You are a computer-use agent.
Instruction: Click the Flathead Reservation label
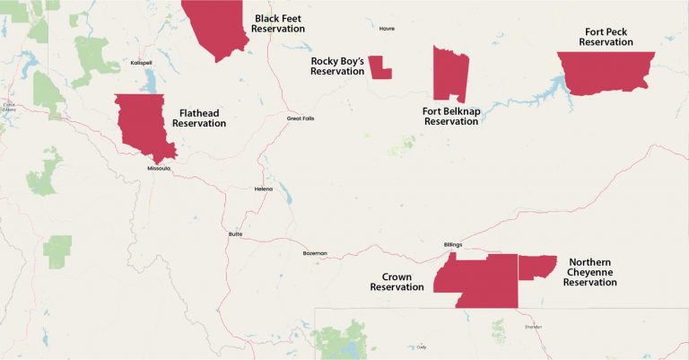[199, 118]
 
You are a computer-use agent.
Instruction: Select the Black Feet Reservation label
[279, 23]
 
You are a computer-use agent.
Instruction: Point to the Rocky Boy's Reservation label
[337, 66]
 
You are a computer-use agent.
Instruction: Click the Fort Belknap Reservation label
[450, 116]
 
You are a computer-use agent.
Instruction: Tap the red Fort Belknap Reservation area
[449, 74]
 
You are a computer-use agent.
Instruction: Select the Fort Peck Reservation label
[606, 37]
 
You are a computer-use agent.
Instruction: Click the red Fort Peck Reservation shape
[604, 72]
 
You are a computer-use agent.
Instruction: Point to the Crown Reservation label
[397, 282]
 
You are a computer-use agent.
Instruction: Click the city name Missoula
[158, 168]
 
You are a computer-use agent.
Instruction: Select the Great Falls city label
[301, 119]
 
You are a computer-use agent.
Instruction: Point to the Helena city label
[263, 189]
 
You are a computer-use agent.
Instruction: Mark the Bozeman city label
[315, 253]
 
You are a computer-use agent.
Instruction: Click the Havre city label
[387, 28]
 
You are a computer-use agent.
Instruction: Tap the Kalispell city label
[141, 63]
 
